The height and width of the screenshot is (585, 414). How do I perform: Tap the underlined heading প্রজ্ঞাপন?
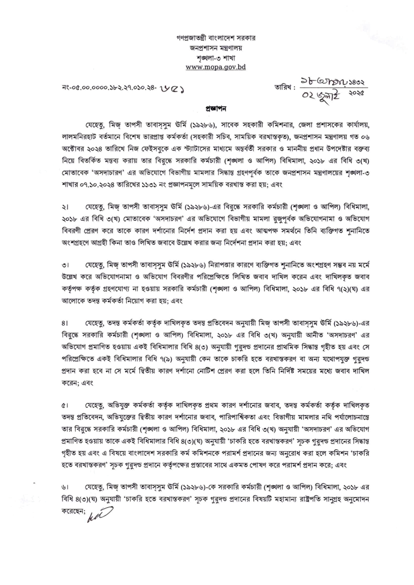point(208,108)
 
